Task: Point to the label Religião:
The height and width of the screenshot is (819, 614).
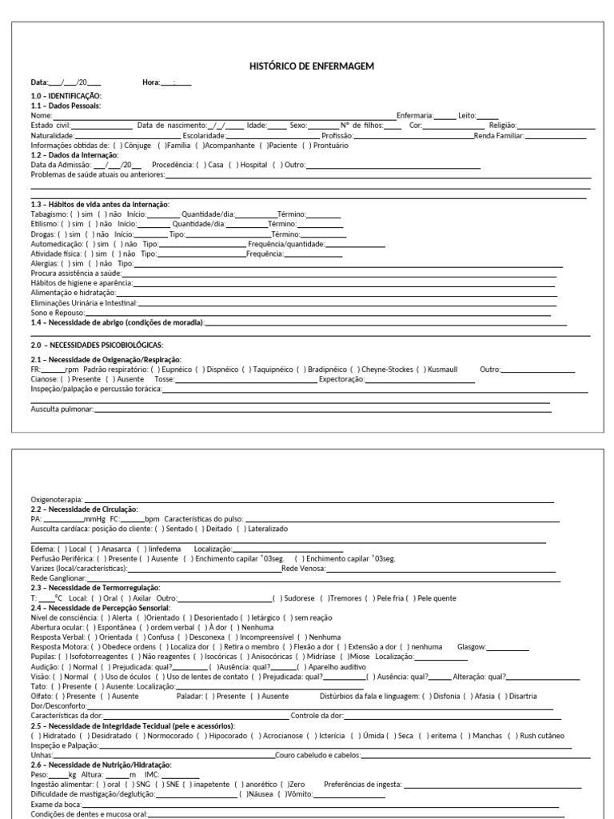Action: (x=503, y=126)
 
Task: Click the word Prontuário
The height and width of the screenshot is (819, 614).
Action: (x=329, y=146)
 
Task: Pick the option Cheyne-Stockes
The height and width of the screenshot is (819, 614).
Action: (x=391, y=370)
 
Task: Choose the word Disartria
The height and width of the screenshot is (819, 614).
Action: (x=523, y=696)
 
